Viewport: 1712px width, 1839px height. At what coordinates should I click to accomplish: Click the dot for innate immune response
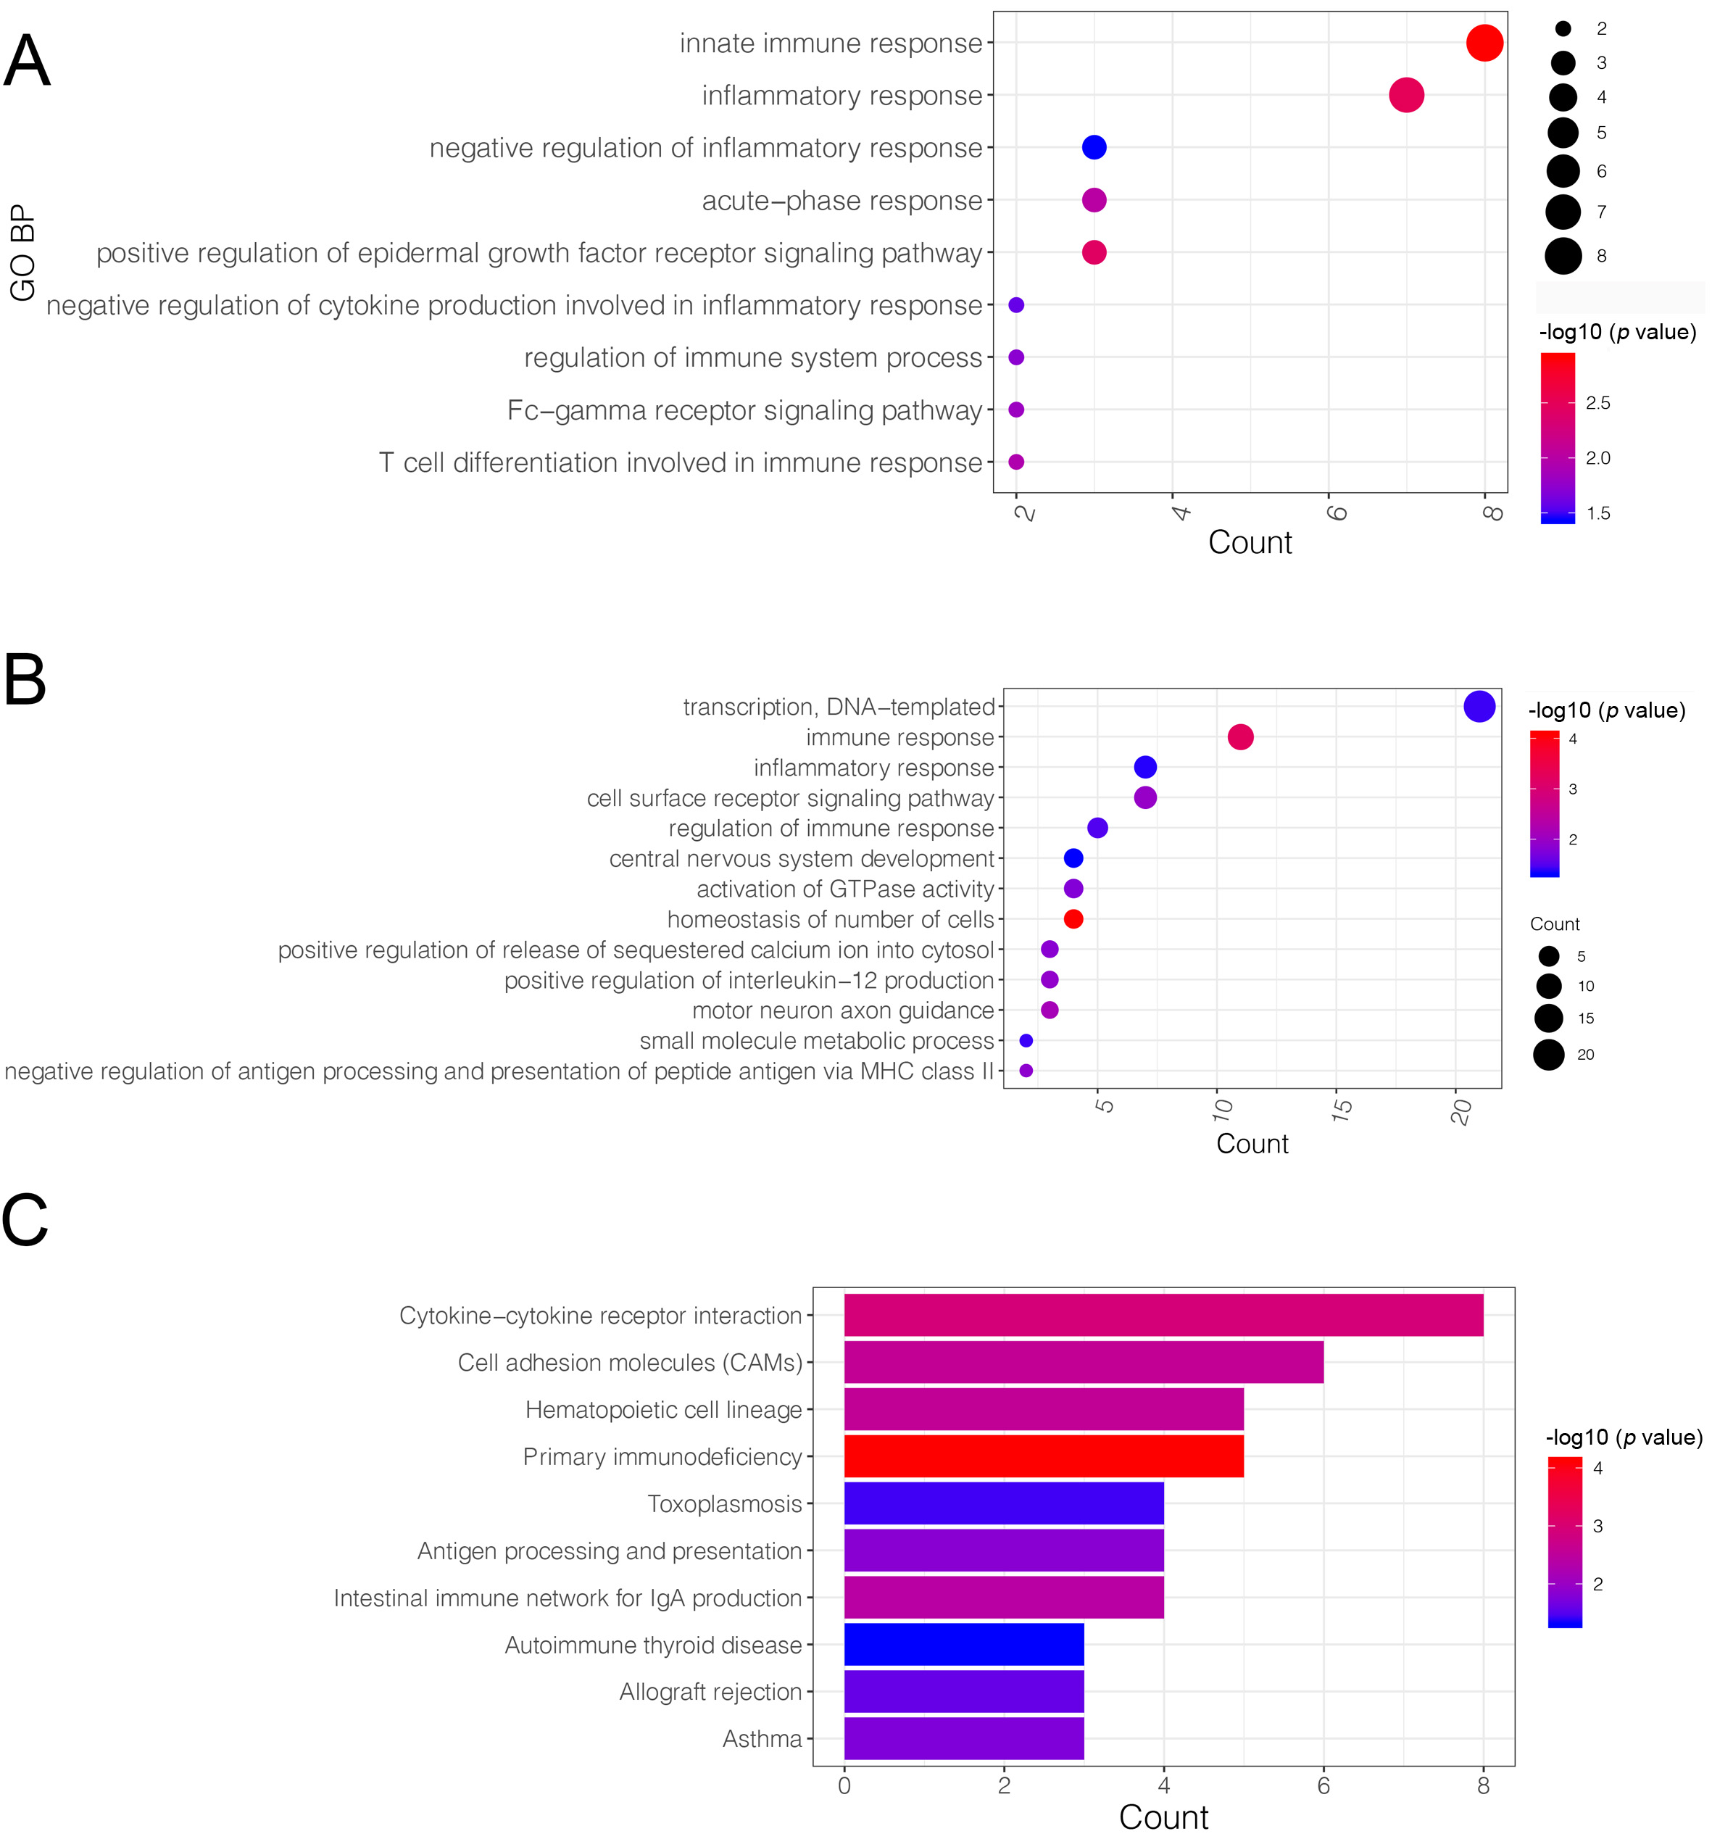(x=1484, y=43)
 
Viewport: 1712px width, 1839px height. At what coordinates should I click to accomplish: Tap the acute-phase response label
(x=842, y=201)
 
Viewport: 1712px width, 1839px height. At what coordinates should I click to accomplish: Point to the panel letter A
(x=27, y=61)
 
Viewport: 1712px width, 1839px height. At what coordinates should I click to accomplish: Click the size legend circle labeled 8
(x=1562, y=256)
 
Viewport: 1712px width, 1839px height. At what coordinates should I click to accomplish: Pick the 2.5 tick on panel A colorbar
(x=1597, y=403)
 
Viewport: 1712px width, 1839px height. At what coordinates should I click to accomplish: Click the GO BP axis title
(x=22, y=252)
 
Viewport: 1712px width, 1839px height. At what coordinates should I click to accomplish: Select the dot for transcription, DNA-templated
(x=1479, y=707)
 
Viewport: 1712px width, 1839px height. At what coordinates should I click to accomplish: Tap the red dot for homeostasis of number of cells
(x=1073, y=918)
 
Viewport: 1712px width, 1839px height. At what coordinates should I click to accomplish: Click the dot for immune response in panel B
(x=1240, y=737)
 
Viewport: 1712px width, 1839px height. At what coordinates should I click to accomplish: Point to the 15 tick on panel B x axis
(x=1340, y=1109)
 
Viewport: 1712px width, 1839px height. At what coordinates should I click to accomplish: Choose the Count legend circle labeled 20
(x=1548, y=1055)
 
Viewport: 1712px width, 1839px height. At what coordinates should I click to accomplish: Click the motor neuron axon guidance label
(x=842, y=1010)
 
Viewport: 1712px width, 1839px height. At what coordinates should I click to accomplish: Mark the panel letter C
(x=25, y=1219)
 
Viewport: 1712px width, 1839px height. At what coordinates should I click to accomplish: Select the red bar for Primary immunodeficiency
(x=1043, y=1456)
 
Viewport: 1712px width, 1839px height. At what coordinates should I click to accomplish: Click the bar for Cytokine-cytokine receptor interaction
(x=1163, y=1316)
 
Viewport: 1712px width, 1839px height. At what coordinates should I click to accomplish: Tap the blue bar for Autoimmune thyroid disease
(x=964, y=1644)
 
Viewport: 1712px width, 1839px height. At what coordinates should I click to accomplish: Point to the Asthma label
(x=762, y=1739)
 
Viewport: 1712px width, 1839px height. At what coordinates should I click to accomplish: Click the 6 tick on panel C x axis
(x=1324, y=1786)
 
